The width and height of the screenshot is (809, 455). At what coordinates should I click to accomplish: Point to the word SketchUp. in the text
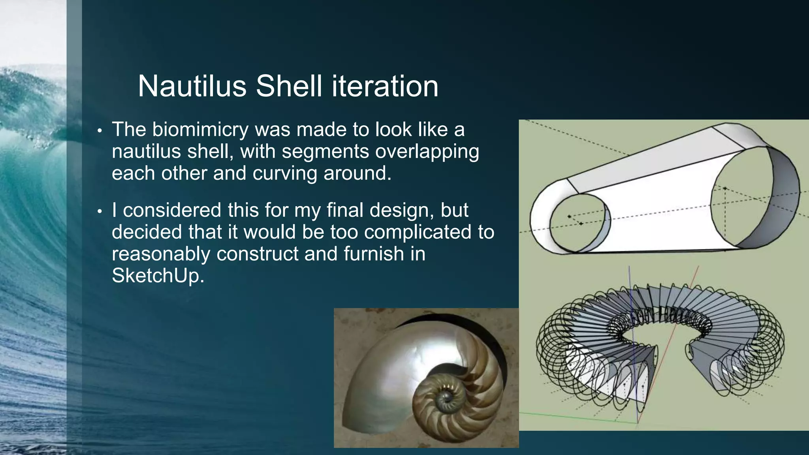[158, 275]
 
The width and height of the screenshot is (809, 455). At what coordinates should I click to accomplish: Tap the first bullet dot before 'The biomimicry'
[100, 131]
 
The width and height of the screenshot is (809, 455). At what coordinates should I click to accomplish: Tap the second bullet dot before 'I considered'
[100, 211]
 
